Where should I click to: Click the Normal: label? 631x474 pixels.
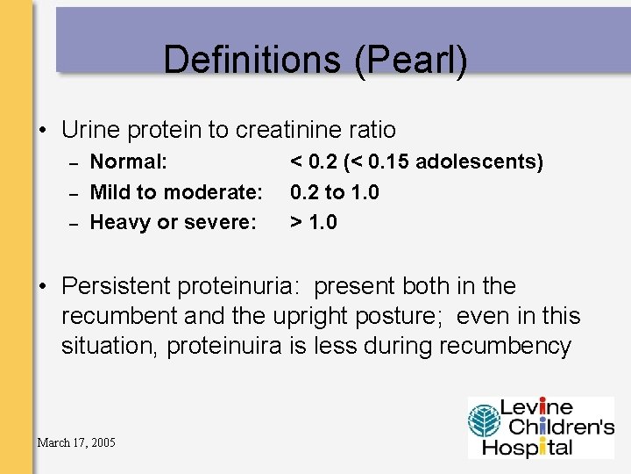[129, 162]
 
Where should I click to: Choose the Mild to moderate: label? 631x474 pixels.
[176, 192]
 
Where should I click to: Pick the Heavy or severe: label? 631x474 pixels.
[174, 223]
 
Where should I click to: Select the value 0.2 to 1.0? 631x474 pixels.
[334, 192]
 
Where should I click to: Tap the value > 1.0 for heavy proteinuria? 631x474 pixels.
[313, 223]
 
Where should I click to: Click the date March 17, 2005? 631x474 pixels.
[76, 442]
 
